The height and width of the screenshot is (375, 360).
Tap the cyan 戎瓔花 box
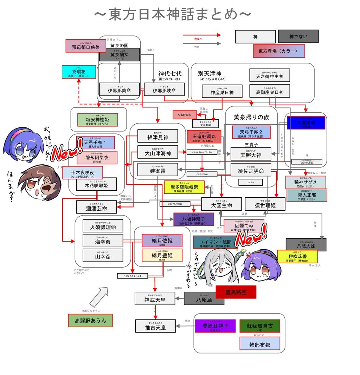(79, 72)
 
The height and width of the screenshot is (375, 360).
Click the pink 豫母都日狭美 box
(85, 46)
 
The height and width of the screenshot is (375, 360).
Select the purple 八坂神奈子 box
(194, 219)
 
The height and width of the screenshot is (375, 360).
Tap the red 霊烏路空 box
(236, 292)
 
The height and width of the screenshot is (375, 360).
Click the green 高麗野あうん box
(90, 320)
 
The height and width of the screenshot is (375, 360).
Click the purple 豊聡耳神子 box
(215, 325)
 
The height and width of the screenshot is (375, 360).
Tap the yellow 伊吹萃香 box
(297, 256)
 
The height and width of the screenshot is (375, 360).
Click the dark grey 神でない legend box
(298, 36)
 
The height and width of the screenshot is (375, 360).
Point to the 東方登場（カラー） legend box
(278, 51)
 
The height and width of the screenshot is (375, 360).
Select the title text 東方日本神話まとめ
(173, 15)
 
